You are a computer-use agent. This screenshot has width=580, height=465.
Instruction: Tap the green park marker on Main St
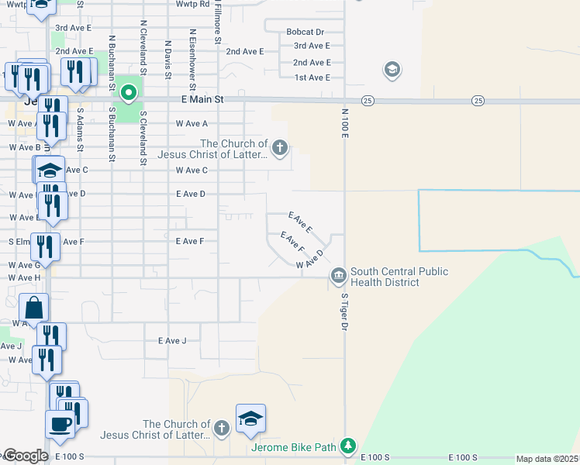pos(129,94)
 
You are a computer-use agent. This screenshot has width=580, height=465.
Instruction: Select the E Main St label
pos(202,100)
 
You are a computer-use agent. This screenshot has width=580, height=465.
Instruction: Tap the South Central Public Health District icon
pos(339,275)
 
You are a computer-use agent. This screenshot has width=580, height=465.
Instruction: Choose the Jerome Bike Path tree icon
pos(349,447)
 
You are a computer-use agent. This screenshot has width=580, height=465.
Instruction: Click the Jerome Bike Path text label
pos(294,447)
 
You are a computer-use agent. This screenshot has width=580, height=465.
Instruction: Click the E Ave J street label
pos(172,341)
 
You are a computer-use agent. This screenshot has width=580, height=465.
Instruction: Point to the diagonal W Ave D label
pos(309,264)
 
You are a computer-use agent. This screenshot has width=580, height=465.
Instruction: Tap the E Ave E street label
pos(299,222)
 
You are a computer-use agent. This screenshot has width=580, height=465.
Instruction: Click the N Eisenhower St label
pos(192,55)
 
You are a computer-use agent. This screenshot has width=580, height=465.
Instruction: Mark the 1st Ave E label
pos(312,77)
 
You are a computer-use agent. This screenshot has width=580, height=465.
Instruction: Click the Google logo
pos(26,456)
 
